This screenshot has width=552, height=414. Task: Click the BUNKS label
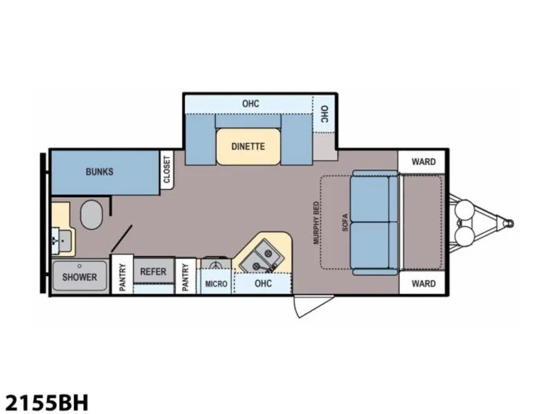pos(99,172)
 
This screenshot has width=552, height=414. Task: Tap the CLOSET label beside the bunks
pos(166,170)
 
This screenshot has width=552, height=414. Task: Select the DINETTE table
pos(248,146)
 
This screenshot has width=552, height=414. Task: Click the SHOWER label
pos(79,277)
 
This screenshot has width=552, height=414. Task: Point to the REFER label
pos(153,272)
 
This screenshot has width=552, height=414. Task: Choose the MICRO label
pos(216,284)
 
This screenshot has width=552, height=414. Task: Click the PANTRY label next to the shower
pos(123,277)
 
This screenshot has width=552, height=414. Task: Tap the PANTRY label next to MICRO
pos(186,277)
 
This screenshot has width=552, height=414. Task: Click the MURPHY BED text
pos(316,223)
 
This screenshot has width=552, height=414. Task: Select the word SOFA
pos(345,222)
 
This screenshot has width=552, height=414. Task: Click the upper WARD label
pos(424,162)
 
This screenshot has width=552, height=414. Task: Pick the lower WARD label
pos(424,284)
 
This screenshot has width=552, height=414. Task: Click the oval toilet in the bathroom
pos(92,215)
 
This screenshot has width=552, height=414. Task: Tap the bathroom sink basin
pos(63,241)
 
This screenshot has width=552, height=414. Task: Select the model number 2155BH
pos(46,402)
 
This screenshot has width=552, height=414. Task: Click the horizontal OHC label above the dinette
pos(250,104)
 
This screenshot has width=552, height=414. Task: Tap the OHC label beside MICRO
pos(264,284)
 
